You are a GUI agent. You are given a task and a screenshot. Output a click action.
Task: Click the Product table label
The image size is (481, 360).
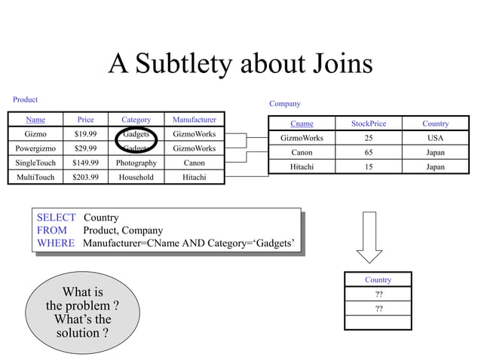tap(25, 99)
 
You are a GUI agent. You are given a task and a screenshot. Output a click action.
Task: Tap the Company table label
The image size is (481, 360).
tap(285, 104)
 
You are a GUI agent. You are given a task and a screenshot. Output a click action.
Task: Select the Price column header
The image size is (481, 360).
tap(85, 120)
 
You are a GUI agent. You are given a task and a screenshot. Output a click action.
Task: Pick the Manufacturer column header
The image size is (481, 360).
tap(195, 120)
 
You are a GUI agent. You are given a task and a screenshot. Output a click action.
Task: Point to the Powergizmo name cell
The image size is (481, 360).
tap(35, 148)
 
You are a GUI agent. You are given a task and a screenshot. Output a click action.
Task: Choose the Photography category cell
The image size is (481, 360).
tap(136, 163)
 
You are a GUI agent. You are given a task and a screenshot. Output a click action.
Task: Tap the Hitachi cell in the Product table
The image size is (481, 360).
tap(195, 177)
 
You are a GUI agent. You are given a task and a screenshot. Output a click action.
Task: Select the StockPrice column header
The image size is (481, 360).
tap(369, 124)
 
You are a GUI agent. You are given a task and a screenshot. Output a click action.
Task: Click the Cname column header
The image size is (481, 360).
tap(302, 124)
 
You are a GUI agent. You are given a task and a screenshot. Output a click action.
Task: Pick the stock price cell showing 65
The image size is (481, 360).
tap(369, 152)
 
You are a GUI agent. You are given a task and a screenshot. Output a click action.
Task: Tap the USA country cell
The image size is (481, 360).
tap(435, 138)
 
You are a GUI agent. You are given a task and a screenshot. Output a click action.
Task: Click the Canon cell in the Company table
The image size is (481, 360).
tap(302, 152)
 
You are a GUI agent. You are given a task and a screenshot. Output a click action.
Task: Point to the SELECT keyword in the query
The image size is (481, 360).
tap(57, 218)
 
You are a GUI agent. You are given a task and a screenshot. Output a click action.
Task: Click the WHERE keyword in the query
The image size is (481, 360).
tap(56, 243)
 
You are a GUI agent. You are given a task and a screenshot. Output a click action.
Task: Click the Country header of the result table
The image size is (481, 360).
tap(378, 280)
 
